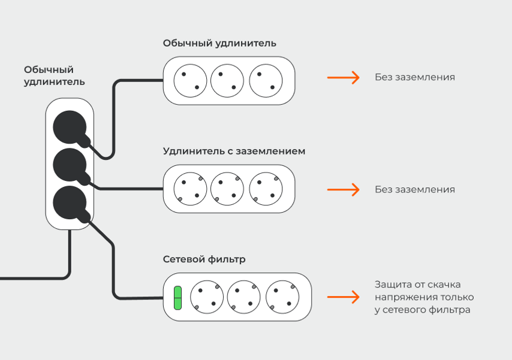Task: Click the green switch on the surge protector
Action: [x=177, y=298]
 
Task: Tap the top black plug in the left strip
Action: [x=70, y=128]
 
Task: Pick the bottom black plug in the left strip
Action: [x=70, y=202]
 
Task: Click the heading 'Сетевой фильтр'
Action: [x=204, y=259]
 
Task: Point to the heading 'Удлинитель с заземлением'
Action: [x=234, y=151]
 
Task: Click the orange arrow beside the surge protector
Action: [x=343, y=297]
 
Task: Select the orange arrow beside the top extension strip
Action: [x=343, y=77]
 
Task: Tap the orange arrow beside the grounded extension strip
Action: [x=343, y=189]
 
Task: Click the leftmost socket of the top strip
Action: [x=191, y=80]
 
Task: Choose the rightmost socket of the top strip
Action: [x=266, y=80]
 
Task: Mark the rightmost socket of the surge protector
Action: [x=282, y=297]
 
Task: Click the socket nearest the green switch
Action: [x=207, y=297]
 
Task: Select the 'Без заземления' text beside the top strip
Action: [x=415, y=77]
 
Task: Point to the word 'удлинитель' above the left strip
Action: [x=54, y=82]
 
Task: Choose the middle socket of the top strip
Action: [x=227, y=80]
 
